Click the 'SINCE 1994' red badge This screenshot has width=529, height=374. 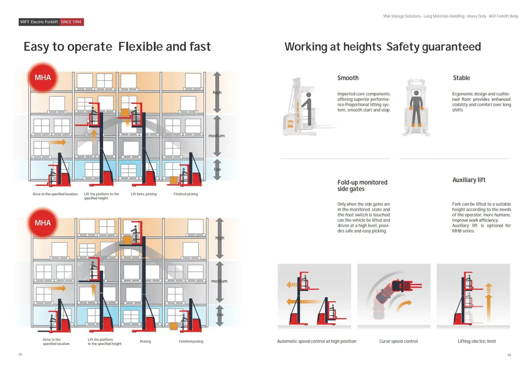[x=71, y=22]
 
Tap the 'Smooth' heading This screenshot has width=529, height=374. [x=348, y=78]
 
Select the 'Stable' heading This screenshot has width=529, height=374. [x=461, y=78]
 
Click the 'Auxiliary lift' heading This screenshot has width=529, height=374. [x=469, y=180]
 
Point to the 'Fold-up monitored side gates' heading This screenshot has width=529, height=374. [x=362, y=186]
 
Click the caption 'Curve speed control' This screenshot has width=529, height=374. [x=398, y=342]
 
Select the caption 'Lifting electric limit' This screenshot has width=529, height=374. [x=477, y=342]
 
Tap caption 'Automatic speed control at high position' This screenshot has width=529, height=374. [x=317, y=342]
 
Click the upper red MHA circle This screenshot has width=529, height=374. [x=42, y=77]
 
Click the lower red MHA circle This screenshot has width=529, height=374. [x=42, y=223]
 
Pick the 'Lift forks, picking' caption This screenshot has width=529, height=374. [x=143, y=194]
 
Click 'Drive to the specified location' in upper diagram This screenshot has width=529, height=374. [x=55, y=194]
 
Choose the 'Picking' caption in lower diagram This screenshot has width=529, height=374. [x=145, y=342]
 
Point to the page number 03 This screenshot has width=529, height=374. [x=20, y=355]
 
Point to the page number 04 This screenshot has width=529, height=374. [x=509, y=355]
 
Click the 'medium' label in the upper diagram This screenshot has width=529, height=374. [x=216, y=136]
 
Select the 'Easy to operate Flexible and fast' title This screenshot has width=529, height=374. [x=117, y=47]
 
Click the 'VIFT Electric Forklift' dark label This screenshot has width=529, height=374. [x=38, y=22]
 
